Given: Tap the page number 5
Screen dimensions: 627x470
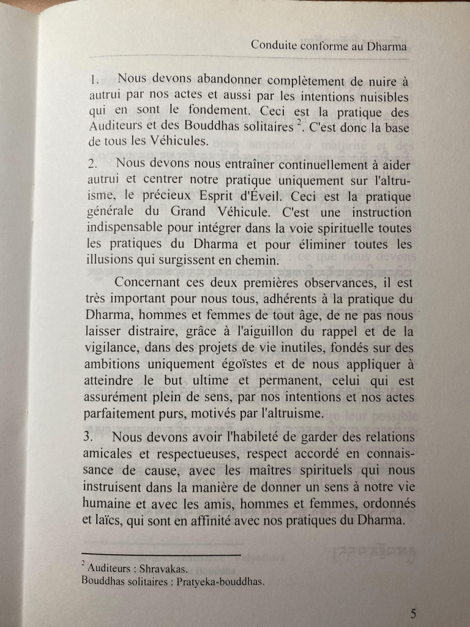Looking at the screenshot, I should [414, 613].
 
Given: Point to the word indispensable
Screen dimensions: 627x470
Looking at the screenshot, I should [125, 229].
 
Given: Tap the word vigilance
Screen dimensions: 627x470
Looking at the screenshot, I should [109, 348].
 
